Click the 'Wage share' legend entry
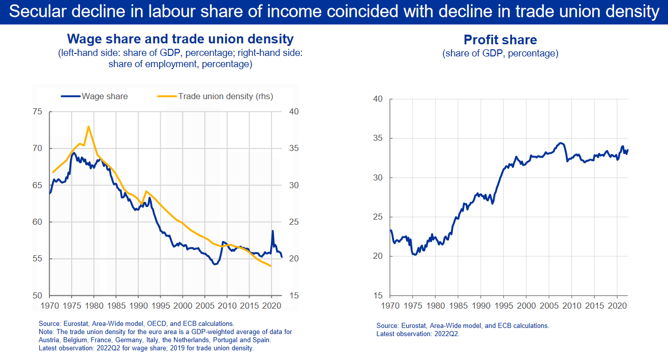tap(94, 96)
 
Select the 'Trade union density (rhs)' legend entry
tap(215, 96)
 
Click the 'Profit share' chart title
tap(500, 40)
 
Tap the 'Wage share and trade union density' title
tap(180, 39)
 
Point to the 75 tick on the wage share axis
tap(37, 111)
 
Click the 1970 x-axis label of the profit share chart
tap(390, 306)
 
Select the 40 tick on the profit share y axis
tap(378, 99)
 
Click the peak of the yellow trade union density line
tap(88, 127)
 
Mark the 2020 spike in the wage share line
tap(272, 231)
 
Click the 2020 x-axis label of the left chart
tap(271, 306)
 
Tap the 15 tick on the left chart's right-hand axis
tap(294, 295)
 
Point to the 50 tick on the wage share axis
tap(37, 295)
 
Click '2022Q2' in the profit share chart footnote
tap(447, 334)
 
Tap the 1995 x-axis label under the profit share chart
tap(504, 306)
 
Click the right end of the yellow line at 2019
tap(271, 266)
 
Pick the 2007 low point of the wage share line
tap(215, 264)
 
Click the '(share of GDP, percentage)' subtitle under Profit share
tap(500, 53)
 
